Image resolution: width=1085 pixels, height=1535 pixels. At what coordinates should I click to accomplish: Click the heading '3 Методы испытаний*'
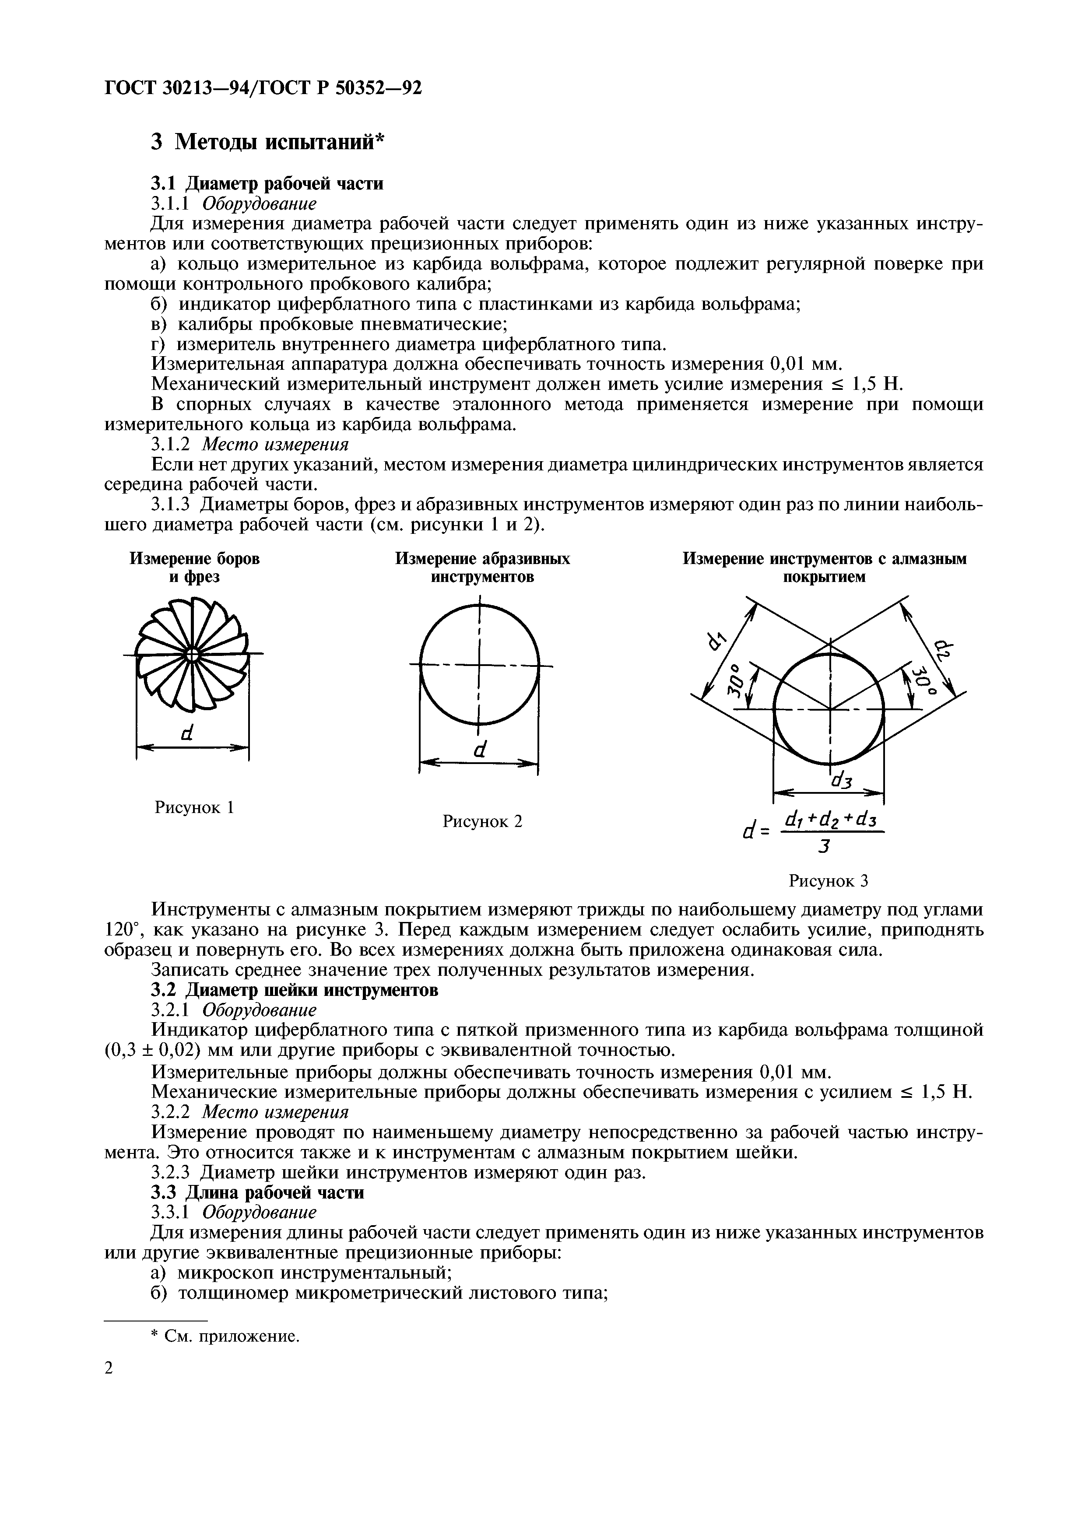(x=268, y=142)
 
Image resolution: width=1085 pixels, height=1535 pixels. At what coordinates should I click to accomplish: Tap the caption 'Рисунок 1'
(x=194, y=808)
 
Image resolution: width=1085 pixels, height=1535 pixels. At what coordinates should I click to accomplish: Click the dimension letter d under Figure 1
(x=187, y=733)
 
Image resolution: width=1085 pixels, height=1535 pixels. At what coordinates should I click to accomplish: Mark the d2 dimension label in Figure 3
(x=943, y=648)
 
